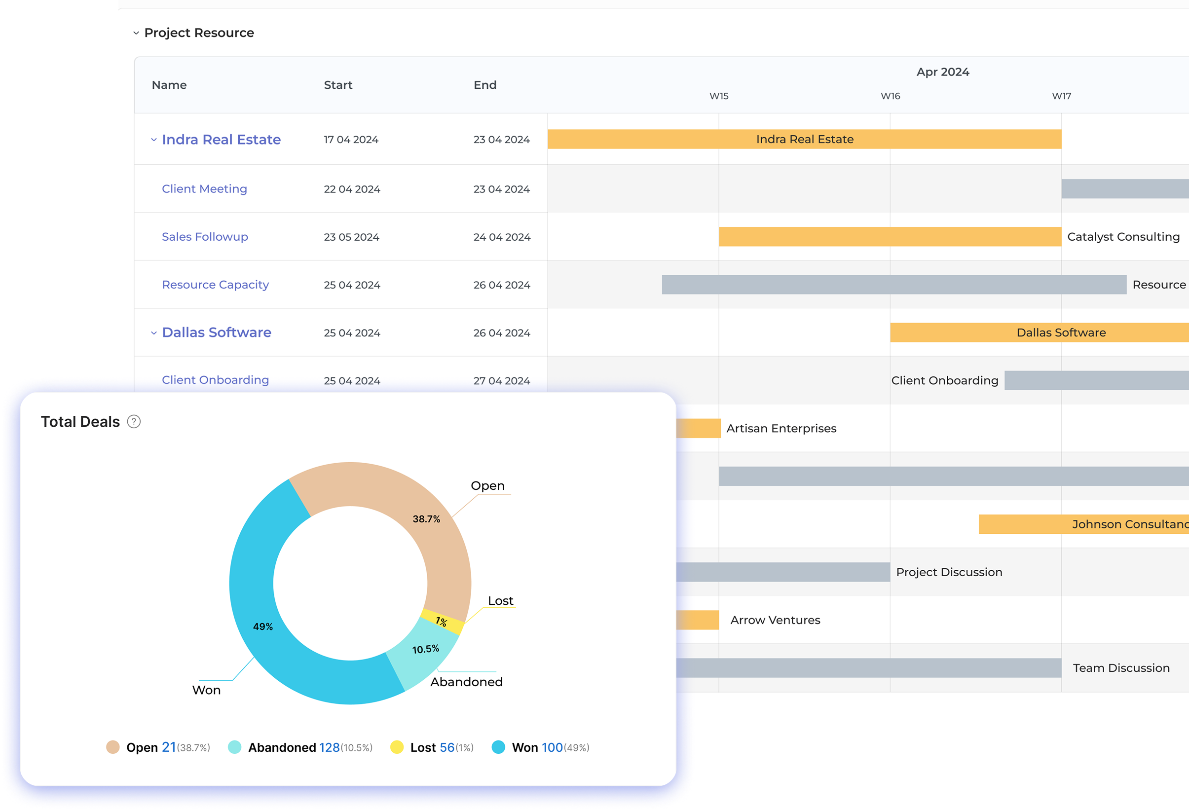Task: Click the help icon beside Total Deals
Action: pyautogui.click(x=134, y=422)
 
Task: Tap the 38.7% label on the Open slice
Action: pyautogui.click(x=426, y=519)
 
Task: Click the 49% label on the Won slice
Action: pyautogui.click(x=263, y=626)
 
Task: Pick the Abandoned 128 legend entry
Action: pyautogui.click(x=300, y=747)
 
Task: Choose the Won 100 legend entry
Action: pyautogui.click(x=540, y=747)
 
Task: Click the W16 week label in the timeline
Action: pyautogui.click(x=890, y=96)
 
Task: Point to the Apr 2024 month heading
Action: pyautogui.click(x=942, y=72)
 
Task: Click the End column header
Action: pyautogui.click(x=484, y=85)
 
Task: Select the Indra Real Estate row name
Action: pyautogui.click(x=221, y=140)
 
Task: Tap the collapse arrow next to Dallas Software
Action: pyautogui.click(x=153, y=333)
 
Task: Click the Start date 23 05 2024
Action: pyautogui.click(x=351, y=237)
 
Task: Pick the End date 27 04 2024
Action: pyautogui.click(x=501, y=381)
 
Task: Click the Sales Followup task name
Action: pyautogui.click(x=205, y=237)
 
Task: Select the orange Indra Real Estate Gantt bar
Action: pyautogui.click(x=804, y=139)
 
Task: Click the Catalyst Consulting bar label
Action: pyautogui.click(x=1123, y=237)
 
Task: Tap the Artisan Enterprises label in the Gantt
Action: pyautogui.click(x=781, y=428)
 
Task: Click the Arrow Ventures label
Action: pyautogui.click(x=775, y=620)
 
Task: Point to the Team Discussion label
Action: pyautogui.click(x=1121, y=668)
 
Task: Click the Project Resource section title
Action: pyautogui.click(x=199, y=33)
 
